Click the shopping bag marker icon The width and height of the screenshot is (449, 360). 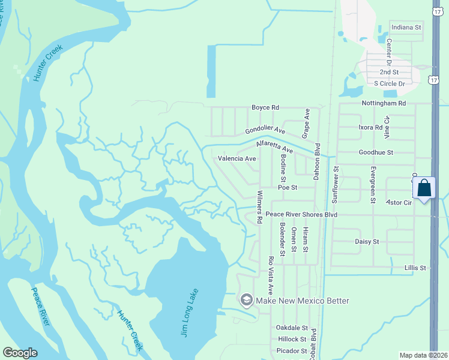(424, 188)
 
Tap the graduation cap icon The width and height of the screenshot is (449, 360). (246, 300)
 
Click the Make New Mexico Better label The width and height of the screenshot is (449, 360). (303, 301)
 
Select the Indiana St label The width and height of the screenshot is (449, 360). (406, 28)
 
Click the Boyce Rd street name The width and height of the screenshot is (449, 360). (265, 107)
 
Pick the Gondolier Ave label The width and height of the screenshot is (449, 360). (265, 130)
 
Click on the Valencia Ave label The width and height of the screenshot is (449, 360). (237, 159)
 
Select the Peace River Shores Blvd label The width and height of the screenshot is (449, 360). (301, 214)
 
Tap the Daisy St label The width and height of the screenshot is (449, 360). (367, 241)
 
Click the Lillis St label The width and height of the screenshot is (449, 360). (415, 268)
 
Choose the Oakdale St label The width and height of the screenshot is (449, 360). (292, 328)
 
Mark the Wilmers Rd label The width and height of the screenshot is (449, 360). (259, 207)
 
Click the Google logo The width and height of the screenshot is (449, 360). (20, 353)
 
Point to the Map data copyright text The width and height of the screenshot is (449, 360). (423, 355)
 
